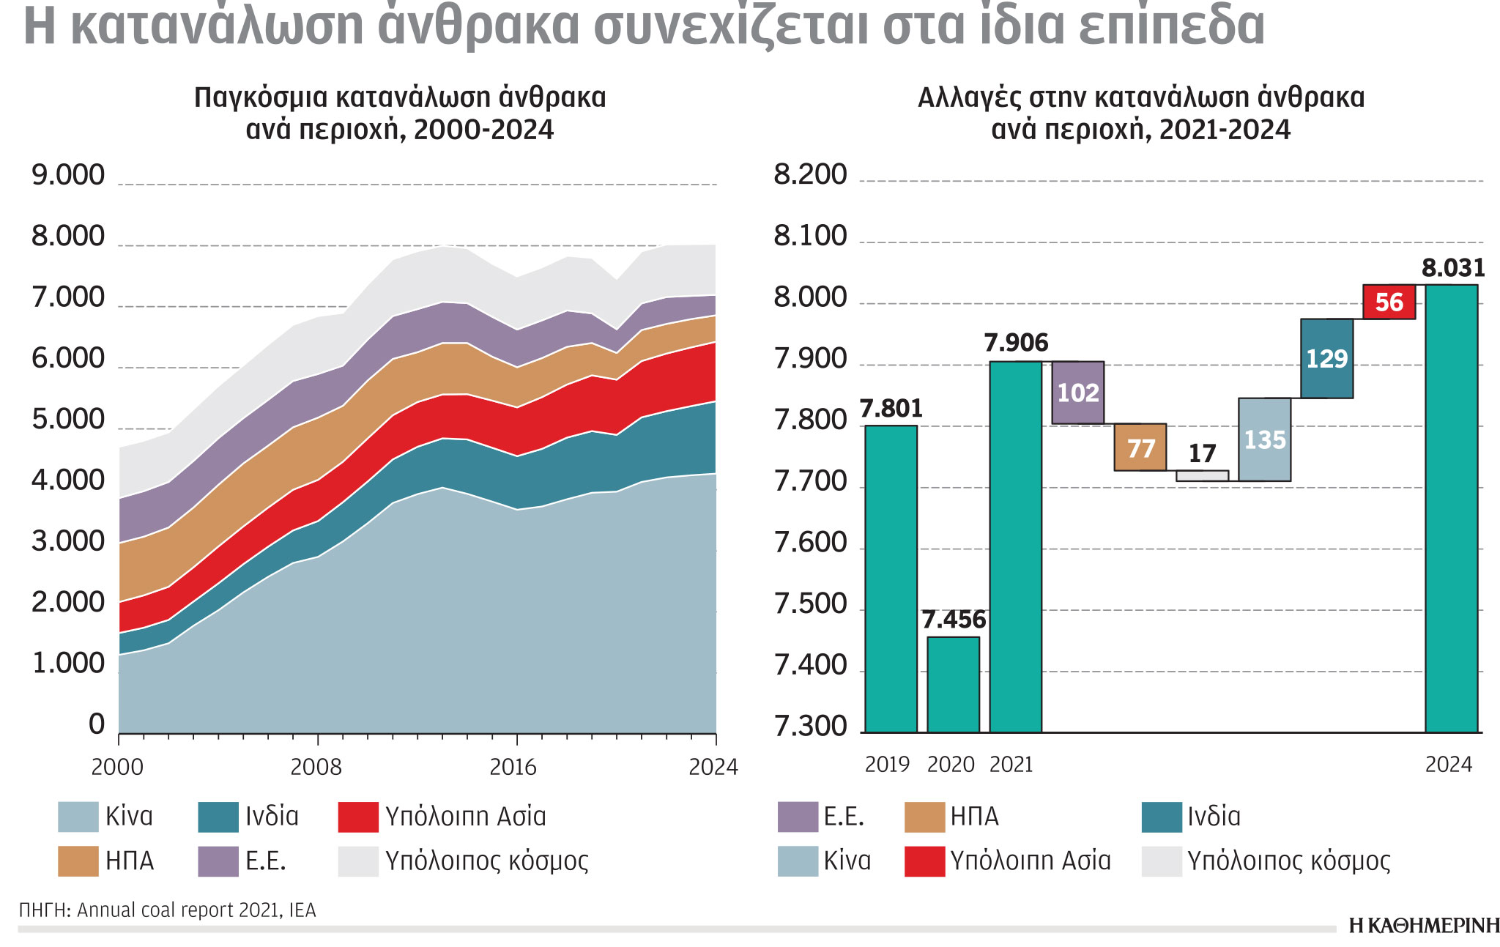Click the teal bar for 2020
click(x=953, y=684)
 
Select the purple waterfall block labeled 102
click(x=1077, y=393)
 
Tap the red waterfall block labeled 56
click(x=1389, y=302)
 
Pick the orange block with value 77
click(x=1140, y=447)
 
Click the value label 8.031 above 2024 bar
click(x=1453, y=268)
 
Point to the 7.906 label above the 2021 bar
click(x=1016, y=343)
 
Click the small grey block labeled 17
click(x=1202, y=475)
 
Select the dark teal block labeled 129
click(x=1326, y=358)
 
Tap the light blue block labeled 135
click(x=1264, y=439)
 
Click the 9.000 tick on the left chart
click(x=68, y=176)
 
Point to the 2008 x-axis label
click(x=316, y=767)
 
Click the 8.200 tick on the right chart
click(x=810, y=176)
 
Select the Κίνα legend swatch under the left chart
click(x=78, y=817)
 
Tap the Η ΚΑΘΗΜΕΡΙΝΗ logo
click(x=1423, y=926)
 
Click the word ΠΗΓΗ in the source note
click(x=43, y=910)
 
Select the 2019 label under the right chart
click(x=887, y=765)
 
